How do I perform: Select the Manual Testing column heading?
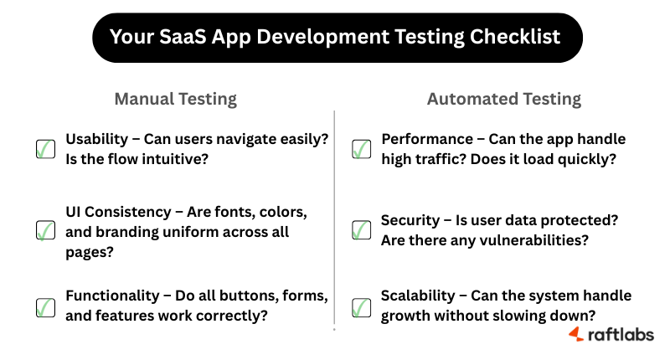point(175,99)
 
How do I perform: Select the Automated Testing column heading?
point(504,99)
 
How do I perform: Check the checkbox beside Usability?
point(45,148)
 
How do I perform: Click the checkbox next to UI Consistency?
point(45,229)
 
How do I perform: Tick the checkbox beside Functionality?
point(45,306)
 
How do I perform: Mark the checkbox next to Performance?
point(361,148)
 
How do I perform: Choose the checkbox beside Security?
point(361,229)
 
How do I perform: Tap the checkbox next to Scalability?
point(361,306)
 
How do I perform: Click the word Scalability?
point(417,296)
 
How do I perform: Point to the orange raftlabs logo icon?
point(577,335)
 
